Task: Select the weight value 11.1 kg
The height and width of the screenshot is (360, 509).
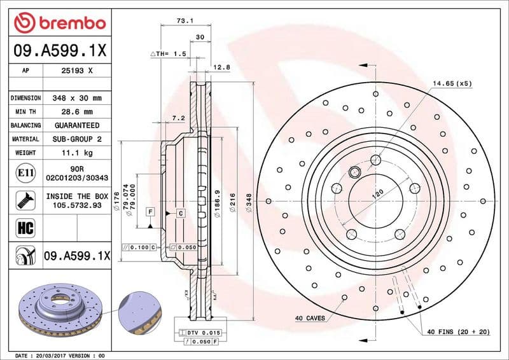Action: coord(76,153)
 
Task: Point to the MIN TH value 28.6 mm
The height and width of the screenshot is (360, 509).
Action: coord(76,111)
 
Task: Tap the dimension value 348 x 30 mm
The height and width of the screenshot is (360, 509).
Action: coord(76,98)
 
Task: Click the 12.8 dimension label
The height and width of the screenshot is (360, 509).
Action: coord(221,67)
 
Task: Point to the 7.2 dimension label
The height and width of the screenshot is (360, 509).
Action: coord(178,118)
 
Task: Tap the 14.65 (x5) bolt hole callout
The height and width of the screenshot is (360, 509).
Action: coord(452,83)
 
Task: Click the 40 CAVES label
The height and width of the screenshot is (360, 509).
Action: coord(310,317)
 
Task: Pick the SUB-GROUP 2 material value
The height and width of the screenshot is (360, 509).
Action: coord(76,139)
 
